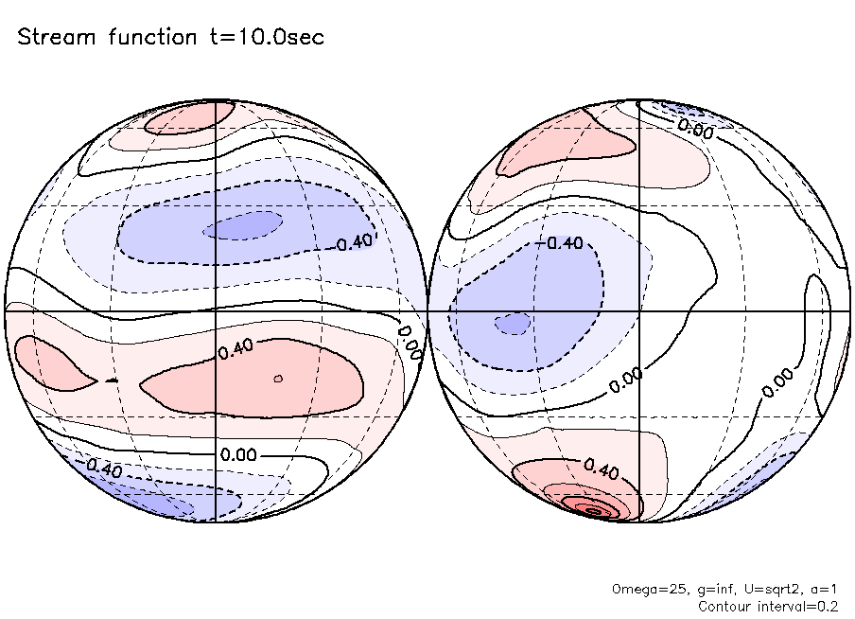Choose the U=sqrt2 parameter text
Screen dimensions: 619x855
[759, 589]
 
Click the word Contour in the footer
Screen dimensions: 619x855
[723, 606]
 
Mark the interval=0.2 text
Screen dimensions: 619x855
[800, 606]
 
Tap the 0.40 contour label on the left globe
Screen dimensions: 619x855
[235, 351]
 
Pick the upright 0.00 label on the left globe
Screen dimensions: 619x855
[238, 454]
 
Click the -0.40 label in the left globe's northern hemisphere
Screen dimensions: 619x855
[355, 241]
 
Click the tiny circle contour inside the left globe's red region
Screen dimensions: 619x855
[278, 379]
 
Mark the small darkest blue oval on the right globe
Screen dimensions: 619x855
[513, 324]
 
